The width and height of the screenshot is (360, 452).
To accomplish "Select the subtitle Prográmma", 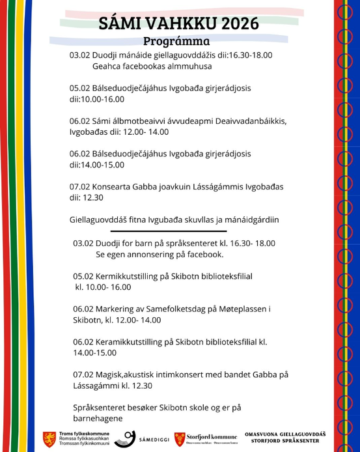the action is (180, 42).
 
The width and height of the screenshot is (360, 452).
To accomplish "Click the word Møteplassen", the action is (254, 309).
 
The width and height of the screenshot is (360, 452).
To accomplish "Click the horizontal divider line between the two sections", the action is (169, 231).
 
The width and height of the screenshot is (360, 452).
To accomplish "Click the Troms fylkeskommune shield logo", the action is (49, 438).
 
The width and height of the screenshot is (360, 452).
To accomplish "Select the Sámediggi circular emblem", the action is (126, 438).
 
